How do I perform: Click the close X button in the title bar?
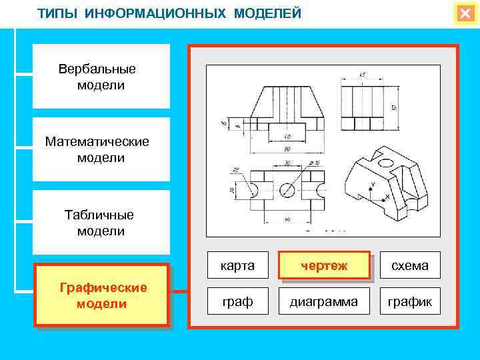pyautogui.click(x=465, y=13)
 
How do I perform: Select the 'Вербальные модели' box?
pyautogui.click(x=101, y=77)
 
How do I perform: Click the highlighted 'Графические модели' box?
pyautogui.click(x=102, y=295)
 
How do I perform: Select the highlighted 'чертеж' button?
pyautogui.click(x=324, y=266)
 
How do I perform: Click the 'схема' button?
pyautogui.click(x=410, y=266)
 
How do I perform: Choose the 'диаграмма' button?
pyautogui.click(x=324, y=302)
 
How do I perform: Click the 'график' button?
pyautogui.click(x=410, y=302)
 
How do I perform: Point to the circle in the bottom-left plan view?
pyautogui.click(x=287, y=190)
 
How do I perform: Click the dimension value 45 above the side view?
pyautogui.click(x=362, y=74)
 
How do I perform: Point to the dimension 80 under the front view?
pyautogui.click(x=288, y=149)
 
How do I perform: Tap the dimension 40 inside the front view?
pyautogui.click(x=287, y=135)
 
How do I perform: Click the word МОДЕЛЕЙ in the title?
pyautogui.click(x=267, y=13)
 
